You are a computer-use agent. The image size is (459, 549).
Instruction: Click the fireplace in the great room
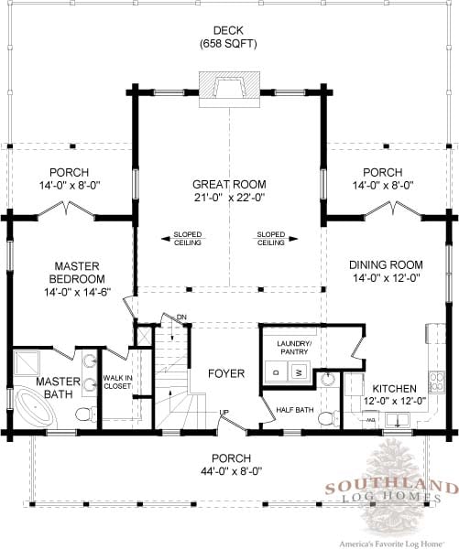tap(229, 90)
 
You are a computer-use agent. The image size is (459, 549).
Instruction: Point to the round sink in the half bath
tap(328, 379)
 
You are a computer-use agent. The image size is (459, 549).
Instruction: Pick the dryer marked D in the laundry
tap(277, 371)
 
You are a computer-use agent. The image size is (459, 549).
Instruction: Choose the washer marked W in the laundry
tap(299, 371)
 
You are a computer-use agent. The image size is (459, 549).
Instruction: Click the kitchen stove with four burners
tap(435, 382)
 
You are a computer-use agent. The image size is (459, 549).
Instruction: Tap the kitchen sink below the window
tap(398, 419)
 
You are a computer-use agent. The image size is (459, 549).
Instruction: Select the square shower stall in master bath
tap(27, 363)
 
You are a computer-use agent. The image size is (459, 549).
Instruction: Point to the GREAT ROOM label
tap(229, 184)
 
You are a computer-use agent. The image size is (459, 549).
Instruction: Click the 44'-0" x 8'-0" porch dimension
tap(232, 471)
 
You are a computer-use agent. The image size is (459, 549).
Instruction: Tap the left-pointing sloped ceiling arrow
tap(183, 239)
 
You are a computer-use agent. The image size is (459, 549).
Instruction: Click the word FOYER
tap(226, 373)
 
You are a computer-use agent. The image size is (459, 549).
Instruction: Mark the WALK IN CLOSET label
tap(117, 382)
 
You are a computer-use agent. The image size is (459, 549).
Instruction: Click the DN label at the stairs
tap(181, 318)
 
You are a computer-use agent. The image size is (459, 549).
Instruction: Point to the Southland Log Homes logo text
tap(391, 491)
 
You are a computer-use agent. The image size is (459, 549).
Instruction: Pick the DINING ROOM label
tap(386, 264)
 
